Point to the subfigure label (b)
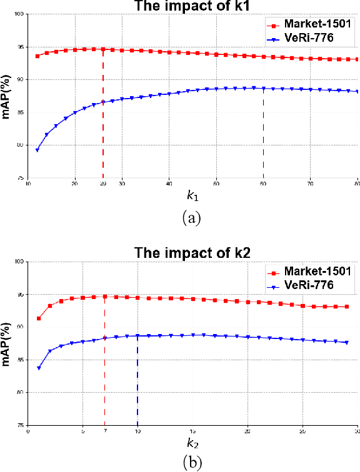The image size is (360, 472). click(191, 463)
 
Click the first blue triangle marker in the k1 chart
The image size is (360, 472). click(37, 150)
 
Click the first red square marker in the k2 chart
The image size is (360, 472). click(39, 318)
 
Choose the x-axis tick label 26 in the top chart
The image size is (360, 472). click(103, 184)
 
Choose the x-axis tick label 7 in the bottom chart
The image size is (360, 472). click(104, 431)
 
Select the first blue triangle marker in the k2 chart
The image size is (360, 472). click(39, 368)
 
